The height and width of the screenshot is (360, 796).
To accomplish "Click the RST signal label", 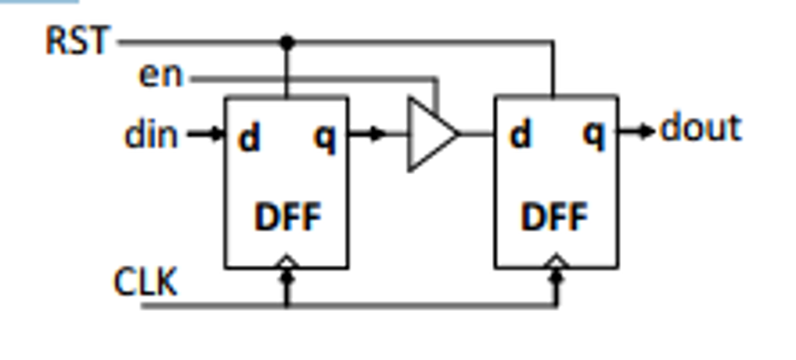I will (x=78, y=40).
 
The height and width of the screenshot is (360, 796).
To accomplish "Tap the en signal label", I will (x=160, y=75).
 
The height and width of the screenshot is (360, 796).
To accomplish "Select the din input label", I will (x=151, y=135).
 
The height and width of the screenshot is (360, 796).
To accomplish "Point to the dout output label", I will (x=700, y=129).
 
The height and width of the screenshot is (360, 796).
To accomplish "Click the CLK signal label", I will (x=145, y=281).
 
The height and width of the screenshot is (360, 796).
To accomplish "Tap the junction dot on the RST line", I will (x=287, y=41).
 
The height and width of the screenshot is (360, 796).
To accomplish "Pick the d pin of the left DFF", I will (x=249, y=138).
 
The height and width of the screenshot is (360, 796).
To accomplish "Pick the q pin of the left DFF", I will (x=325, y=138).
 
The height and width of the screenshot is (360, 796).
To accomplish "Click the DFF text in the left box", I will (x=287, y=218).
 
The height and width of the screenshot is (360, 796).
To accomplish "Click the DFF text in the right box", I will (x=555, y=218).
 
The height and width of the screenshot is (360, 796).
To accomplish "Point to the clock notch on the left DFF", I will (x=287, y=262).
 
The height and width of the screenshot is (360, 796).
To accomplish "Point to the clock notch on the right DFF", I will (x=555, y=262).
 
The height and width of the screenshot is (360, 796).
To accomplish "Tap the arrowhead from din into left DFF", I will (x=215, y=135).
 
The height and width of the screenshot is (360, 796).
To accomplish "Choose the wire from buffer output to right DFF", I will (x=477, y=135).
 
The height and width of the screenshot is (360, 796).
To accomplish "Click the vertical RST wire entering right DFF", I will (x=553, y=70).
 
